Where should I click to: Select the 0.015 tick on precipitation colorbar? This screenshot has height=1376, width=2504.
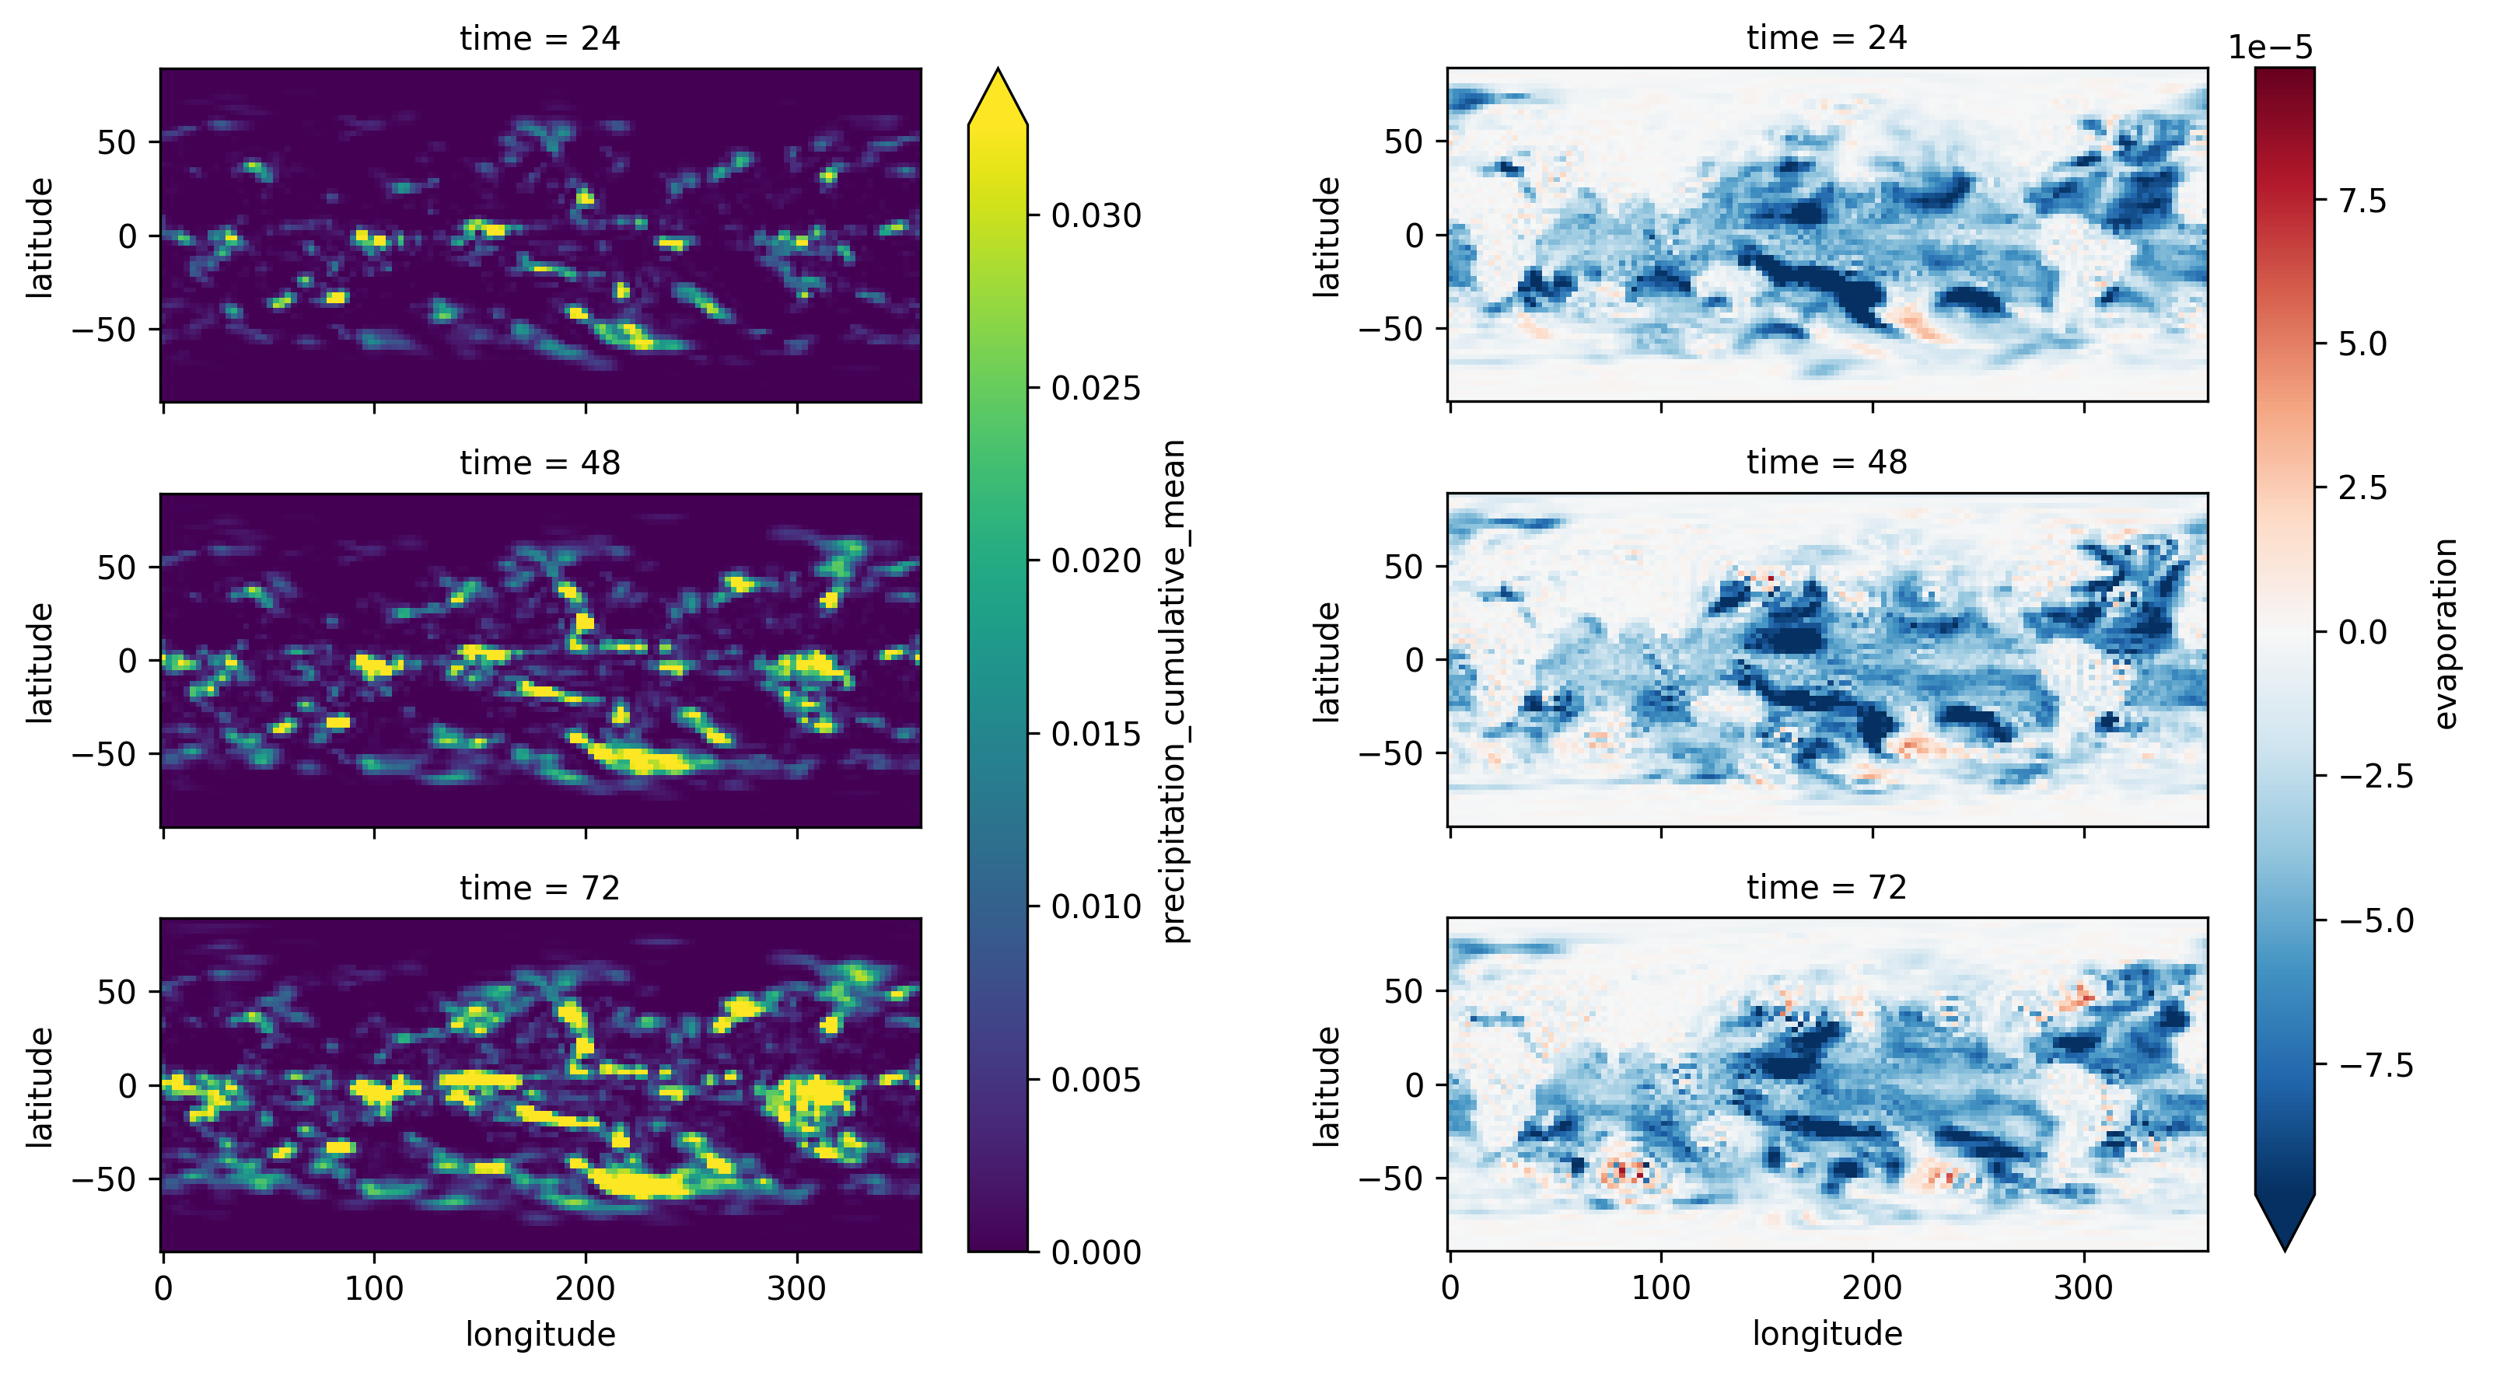pyautogui.click(x=1096, y=734)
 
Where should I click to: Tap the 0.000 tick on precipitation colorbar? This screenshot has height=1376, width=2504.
pyautogui.click(x=1096, y=1252)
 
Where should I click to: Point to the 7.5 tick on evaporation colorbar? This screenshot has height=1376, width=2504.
pyautogui.click(x=2362, y=201)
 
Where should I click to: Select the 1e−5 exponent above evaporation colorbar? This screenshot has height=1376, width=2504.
pyautogui.click(x=2271, y=47)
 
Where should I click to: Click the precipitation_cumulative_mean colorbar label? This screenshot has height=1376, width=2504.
pyautogui.click(x=1174, y=691)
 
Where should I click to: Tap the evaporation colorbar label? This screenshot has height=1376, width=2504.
pyautogui.click(x=2446, y=634)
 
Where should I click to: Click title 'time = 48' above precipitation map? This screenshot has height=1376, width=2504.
pyautogui.click(x=540, y=463)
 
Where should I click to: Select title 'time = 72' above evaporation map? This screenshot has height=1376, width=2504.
pyautogui.click(x=1827, y=887)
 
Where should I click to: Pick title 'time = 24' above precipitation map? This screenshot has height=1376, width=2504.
pyautogui.click(x=540, y=38)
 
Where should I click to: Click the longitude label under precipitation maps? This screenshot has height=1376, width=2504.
pyautogui.click(x=540, y=1334)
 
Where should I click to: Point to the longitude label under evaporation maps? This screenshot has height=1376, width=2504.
pyautogui.click(x=1827, y=1333)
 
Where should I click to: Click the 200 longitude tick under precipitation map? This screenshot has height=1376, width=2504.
pyautogui.click(x=585, y=1289)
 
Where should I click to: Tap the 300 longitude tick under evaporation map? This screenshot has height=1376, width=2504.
pyautogui.click(x=2083, y=1289)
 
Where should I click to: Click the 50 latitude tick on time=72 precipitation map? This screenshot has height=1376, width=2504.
pyautogui.click(x=116, y=991)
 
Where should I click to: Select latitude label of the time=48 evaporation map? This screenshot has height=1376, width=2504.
pyautogui.click(x=1326, y=661)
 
